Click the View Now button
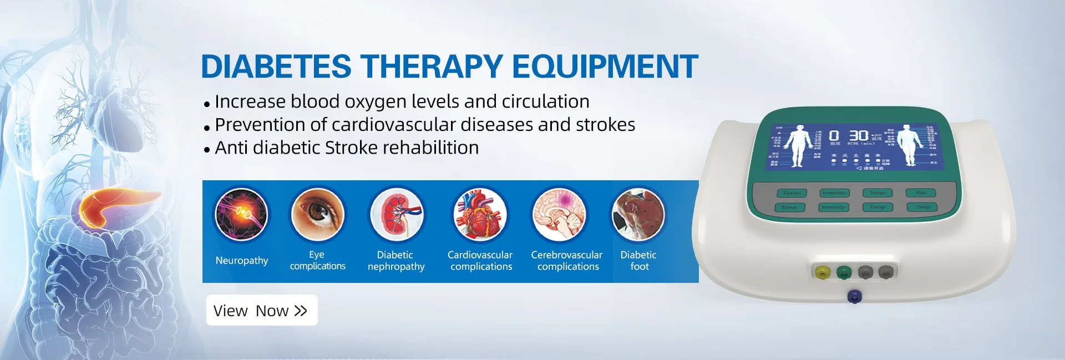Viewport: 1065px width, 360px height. [x=261, y=311]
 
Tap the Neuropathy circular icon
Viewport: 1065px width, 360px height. [x=241, y=214]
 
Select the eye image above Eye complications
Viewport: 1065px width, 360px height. [x=318, y=214]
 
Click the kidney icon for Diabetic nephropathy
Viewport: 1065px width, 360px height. [x=396, y=214]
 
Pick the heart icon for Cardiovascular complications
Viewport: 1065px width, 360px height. [x=480, y=214]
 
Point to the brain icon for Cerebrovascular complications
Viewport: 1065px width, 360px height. [x=559, y=214]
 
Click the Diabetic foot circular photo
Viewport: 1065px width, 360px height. [x=638, y=214]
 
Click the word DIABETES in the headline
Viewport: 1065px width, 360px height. [x=276, y=67]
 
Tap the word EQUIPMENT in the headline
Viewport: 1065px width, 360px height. [x=605, y=67]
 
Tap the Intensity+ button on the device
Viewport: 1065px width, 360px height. [x=834, y=193]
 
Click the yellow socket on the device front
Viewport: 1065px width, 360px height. [x=822, y=272]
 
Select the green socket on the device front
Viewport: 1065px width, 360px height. [x=844, y=272]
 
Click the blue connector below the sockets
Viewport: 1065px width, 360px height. [x=855, y=296]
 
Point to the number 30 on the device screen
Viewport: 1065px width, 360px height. [x=858, y=135]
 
